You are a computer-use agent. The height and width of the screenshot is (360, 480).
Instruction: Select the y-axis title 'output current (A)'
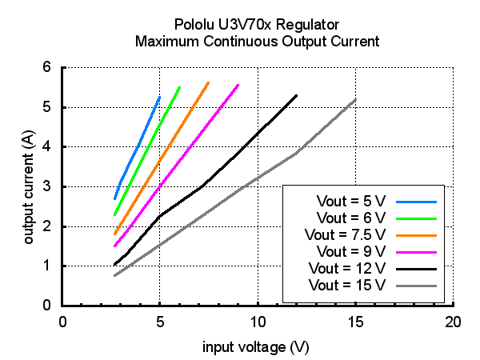(29, 187)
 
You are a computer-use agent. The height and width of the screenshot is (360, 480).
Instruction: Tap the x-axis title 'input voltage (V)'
(256, 346)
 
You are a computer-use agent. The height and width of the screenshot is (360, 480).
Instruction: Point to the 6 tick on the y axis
(46, 67)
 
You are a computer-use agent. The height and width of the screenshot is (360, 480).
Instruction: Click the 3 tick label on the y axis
(46, 186)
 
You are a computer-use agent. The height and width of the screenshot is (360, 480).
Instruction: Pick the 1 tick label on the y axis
(46, 266)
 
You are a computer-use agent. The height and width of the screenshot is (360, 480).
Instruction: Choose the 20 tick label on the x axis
(453, 322)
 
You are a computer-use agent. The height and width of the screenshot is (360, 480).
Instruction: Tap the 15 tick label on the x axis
(355, 322)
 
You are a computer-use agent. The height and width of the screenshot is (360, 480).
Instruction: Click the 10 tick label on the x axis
(258, 322)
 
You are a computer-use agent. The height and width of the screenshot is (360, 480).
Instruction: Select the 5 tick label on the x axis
(160, 322)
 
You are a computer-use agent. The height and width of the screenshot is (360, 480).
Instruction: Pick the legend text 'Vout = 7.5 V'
(346, 234)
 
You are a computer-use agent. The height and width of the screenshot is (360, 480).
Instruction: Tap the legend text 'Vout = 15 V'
(348, 285)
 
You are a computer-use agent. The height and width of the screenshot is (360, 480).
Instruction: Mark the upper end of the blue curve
(159, 97)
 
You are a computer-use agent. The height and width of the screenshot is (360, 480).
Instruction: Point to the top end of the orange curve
(208, 82)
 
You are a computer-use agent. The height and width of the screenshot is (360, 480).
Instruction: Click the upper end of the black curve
(297, 95)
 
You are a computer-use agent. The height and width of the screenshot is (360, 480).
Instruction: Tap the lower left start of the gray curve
(114, 276)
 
